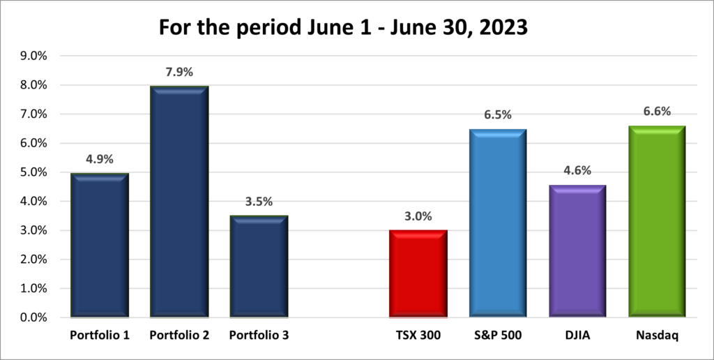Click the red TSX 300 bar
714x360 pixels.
[x=418, y=273]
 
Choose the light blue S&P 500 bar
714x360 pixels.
[x=498, y=223]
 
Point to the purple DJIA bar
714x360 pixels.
[x=577, y=250]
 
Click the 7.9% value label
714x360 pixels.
[x=179, y=71]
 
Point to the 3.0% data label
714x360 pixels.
[x=418, y=216]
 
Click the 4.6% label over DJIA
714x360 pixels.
[x=577, y=170]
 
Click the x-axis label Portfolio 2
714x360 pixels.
[x=179, y=336]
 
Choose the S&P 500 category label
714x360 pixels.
[x=498, y=336]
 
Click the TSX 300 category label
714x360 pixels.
[x=418, y=336]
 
